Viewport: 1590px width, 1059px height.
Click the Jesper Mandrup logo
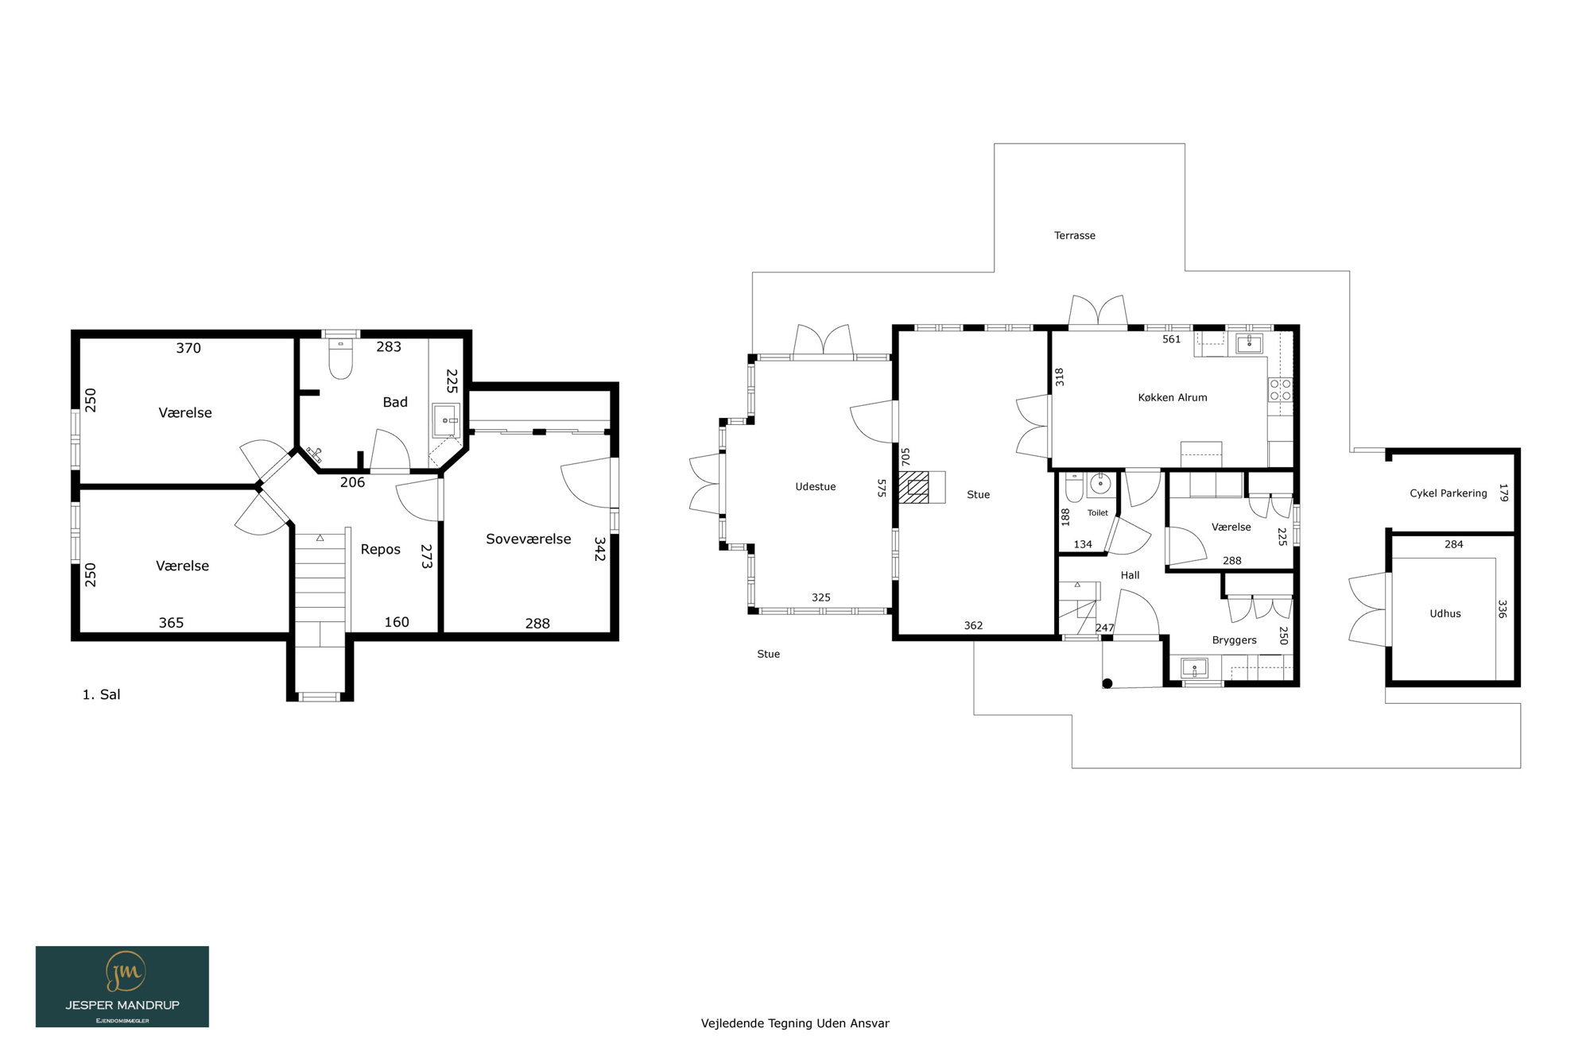[x=122, y=986]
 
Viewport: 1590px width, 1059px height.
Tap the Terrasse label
[x=1074, y=235]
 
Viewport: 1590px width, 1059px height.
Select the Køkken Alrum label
[x=1172, y=397]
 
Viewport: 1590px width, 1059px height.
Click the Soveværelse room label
[x=528, y=539]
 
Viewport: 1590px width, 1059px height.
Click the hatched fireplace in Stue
[x=913, y=487]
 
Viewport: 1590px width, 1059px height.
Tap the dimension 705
[x=905, y=457]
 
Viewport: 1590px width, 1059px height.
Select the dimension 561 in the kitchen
[x=1171, y=339]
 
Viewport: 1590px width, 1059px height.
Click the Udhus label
[x=1445, y=613]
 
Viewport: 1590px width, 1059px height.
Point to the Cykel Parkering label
[x=1448, y=493]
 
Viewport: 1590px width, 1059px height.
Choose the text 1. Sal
[x=101, y=694]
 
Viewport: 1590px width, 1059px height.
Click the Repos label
[x=380, y=549]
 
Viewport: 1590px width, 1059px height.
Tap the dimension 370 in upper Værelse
[x=188, y=348]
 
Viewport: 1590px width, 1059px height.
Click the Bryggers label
[x=1234, y=640]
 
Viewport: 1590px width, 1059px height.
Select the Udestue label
[x=815, y=487]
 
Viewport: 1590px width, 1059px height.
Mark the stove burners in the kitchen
[x=1280, y=390]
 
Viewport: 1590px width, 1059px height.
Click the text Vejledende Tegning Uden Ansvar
[x=795, y=1023]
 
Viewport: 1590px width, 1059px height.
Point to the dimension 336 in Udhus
[x=1502, y=609]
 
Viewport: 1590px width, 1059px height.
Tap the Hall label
[x=1130, y=575]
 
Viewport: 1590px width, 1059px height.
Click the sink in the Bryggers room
[x=1194, y=667]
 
